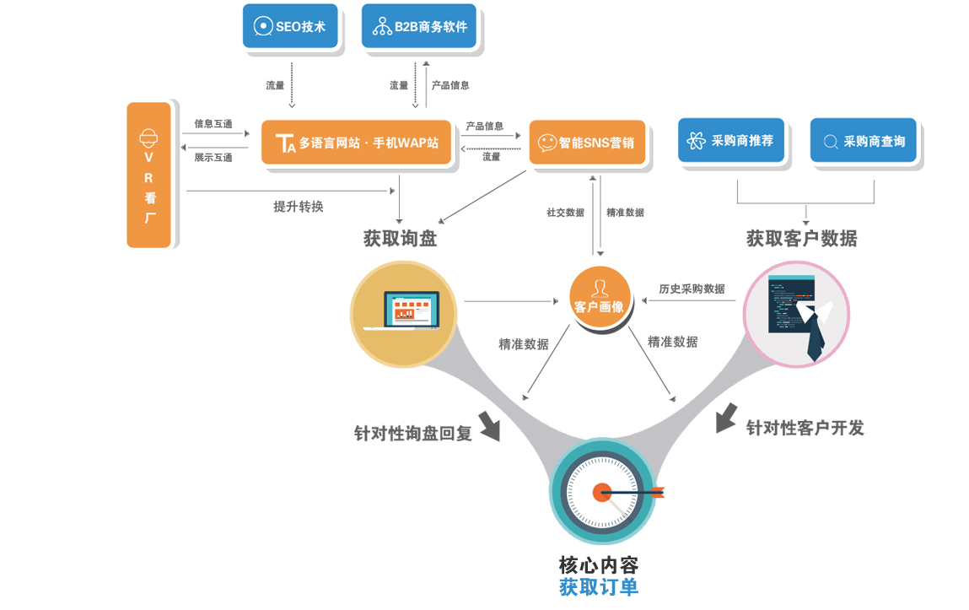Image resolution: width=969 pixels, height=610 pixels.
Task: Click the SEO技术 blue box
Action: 290,26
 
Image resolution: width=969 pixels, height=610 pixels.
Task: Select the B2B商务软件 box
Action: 419,26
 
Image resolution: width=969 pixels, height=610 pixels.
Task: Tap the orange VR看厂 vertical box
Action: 149,175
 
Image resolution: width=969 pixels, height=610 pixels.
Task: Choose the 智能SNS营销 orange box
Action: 587,143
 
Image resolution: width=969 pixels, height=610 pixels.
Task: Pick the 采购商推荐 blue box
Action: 731,140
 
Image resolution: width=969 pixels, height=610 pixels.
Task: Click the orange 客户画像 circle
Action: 599,297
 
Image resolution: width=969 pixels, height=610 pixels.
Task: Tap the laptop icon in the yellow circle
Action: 404,311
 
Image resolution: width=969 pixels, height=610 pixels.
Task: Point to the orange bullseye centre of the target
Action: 601,492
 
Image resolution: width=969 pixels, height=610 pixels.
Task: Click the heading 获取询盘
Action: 400,239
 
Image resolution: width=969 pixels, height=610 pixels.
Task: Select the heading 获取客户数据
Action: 801,239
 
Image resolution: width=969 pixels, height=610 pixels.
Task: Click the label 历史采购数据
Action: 692,289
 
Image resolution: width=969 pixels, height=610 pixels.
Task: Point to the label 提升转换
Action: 299,207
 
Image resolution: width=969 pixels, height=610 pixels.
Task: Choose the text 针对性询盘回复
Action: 413,434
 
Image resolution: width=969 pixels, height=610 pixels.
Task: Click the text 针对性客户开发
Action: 805,429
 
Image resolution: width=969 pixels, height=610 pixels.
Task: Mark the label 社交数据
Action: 565,213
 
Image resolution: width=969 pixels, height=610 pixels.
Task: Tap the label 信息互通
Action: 213,124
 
